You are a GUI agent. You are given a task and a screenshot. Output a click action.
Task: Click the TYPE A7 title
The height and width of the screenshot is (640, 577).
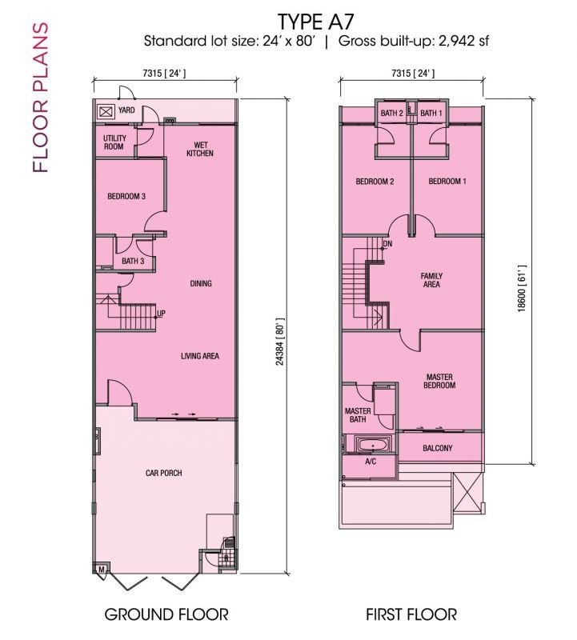[315, 21]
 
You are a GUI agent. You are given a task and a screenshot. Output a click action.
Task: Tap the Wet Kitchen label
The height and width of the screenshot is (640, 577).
[200, 149]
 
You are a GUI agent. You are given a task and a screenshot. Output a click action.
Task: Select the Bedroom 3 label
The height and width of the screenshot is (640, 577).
[126, 196]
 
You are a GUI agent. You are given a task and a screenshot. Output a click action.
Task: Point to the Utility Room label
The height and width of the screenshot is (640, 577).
[114, 142]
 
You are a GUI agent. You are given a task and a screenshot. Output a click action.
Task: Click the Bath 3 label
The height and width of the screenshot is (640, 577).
[133, 261]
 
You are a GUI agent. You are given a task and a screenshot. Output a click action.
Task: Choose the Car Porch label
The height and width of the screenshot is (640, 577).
[164, 473]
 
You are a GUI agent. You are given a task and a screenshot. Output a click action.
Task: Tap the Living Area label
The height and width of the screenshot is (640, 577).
[200, 356]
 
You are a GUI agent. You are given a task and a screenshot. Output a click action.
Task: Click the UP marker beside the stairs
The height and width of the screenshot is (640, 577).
[161, 314]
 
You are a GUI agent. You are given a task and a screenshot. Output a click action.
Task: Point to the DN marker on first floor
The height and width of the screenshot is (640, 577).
[387, 244]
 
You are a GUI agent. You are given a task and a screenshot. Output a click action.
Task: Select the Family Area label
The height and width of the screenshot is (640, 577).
[431, 280]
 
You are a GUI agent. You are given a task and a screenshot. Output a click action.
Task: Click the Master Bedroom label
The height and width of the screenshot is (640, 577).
[439, 381]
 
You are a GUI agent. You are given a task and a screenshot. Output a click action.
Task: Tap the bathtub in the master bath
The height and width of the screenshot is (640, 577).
[374, 445]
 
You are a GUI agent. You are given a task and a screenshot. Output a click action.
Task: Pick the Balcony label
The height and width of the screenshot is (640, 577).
[437, 448]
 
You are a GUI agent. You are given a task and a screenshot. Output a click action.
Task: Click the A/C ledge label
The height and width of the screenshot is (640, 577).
[371, 462]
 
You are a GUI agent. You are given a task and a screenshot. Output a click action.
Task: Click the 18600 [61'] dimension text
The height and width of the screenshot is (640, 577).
[522, 289]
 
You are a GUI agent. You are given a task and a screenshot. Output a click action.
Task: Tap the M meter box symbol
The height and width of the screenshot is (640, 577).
[102, 570]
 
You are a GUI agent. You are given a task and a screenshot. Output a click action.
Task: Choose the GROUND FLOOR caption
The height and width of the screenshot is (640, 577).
[166, 614]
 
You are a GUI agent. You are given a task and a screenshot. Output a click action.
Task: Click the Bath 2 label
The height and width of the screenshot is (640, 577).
[391, 113]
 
